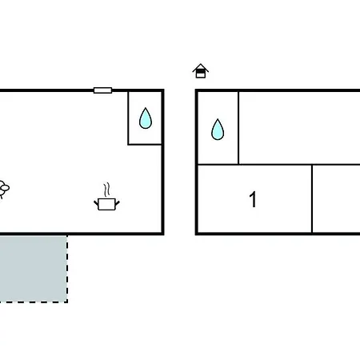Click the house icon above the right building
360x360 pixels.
pyautogui.click(x=201, y=71)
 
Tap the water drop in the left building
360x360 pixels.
pyautogui.click(x=146, y=118)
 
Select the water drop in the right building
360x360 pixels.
pyautogui.click(x=218, y=130)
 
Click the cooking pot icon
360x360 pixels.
pyautogui.click(x=106, y=204)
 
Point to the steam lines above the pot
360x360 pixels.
pyautogui.click(x=106, y=190)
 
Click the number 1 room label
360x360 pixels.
pyautogui.click(x=253, y=199)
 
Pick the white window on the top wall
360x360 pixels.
pyautogui.click(x=102, y=90)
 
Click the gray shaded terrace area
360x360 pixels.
pyautogui.click(x=33, y=269)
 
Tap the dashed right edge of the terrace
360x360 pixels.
pyautogui.click(x=67, y=269)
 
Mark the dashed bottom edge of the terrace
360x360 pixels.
pyautogui.click(x=34, y=302)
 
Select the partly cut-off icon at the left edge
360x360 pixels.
pyautogui.click(x=4, y=190)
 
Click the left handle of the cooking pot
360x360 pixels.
pyautogui.click(x=96, y=203)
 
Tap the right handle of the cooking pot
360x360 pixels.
pyautogui.click(x=117, y=203)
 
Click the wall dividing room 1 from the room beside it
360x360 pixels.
pyautogui.click(x=312, y=199)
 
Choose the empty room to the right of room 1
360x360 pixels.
pyautogui.click(x=337, y=199)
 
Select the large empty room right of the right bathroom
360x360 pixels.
pyautogui.click(x=299, y=128)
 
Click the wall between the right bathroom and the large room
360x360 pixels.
pyautogui.click(x=238, y=128)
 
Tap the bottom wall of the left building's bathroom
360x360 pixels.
pyautogui.click(x=145, y=145)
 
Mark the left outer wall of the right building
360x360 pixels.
pyautogui.click(x=197, y=162)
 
